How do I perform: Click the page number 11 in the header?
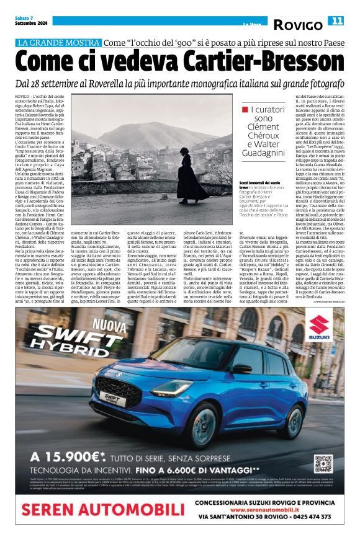336,21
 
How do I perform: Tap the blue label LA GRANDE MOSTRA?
60,43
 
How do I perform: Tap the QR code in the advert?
323,463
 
